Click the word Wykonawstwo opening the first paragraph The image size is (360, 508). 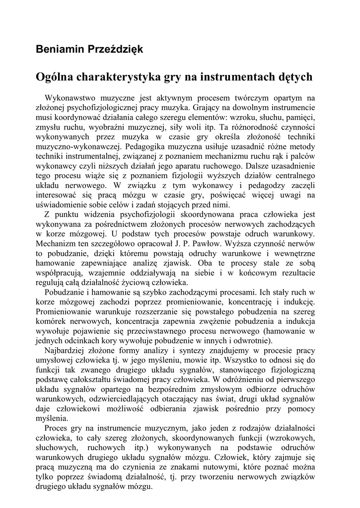(x=70, y=98)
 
